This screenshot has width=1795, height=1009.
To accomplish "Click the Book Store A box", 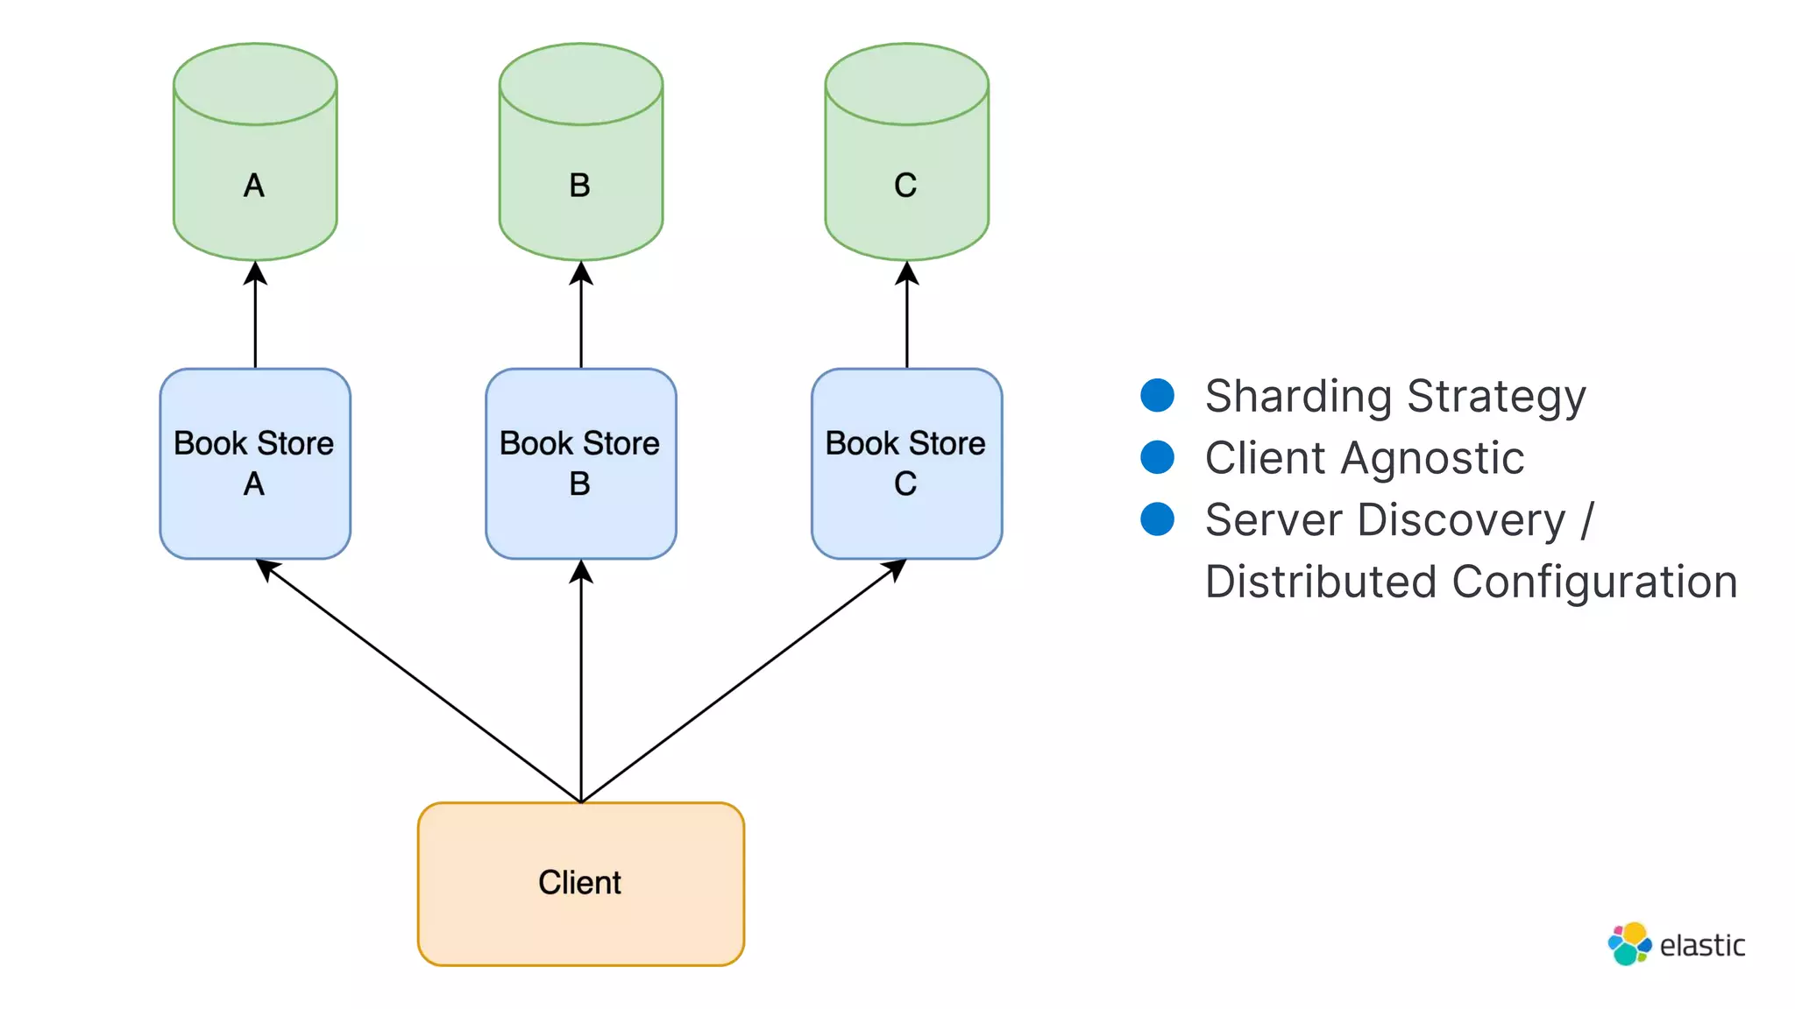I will [255, 463].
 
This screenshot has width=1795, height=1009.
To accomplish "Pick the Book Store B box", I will [580, 463].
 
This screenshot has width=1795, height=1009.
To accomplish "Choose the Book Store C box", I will [906, 463].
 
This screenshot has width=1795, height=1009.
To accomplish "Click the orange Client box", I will [580, 883].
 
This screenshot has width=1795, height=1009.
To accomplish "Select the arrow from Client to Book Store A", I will [418, 681].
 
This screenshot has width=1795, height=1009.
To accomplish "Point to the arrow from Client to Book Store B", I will [581, 683].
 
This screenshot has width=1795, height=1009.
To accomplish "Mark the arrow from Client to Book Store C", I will [743, 681].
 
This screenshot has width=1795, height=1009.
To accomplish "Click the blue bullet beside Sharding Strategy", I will [1157, 395].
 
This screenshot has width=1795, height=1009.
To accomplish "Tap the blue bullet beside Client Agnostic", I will [1157, 457].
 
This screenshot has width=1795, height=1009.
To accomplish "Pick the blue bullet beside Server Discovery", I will [1157, 519].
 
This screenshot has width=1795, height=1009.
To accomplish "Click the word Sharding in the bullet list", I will [1298, 397].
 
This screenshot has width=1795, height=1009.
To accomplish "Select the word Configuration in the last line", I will [1594, 582].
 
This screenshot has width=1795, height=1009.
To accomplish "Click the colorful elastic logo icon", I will [1628, 944].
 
